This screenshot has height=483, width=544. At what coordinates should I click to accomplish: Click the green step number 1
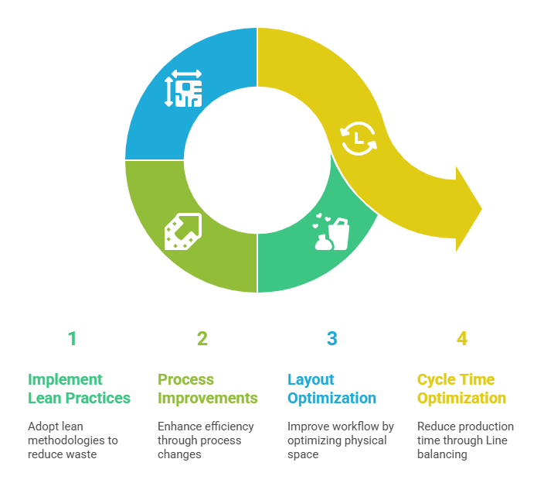click(72, 338)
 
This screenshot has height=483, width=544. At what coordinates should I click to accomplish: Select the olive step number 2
click(202, 338)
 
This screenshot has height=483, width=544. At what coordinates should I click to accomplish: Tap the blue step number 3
click(331, 338)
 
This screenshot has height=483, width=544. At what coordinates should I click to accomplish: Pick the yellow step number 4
click(461, 338)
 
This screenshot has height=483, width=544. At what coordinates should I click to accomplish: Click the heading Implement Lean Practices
click(79, 389)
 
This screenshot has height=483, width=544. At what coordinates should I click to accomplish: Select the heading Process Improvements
click(207, 389)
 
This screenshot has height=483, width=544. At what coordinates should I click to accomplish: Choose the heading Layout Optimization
click(331, 389)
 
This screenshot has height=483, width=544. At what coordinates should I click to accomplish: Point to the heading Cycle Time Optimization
click(461, 389)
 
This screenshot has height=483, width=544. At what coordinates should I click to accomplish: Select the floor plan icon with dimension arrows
click(183, 89)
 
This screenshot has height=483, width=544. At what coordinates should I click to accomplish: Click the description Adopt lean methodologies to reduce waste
click(73, 440)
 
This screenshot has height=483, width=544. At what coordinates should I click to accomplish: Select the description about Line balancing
click(464, 440)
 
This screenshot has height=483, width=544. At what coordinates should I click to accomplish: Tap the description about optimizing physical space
click(340, 440)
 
